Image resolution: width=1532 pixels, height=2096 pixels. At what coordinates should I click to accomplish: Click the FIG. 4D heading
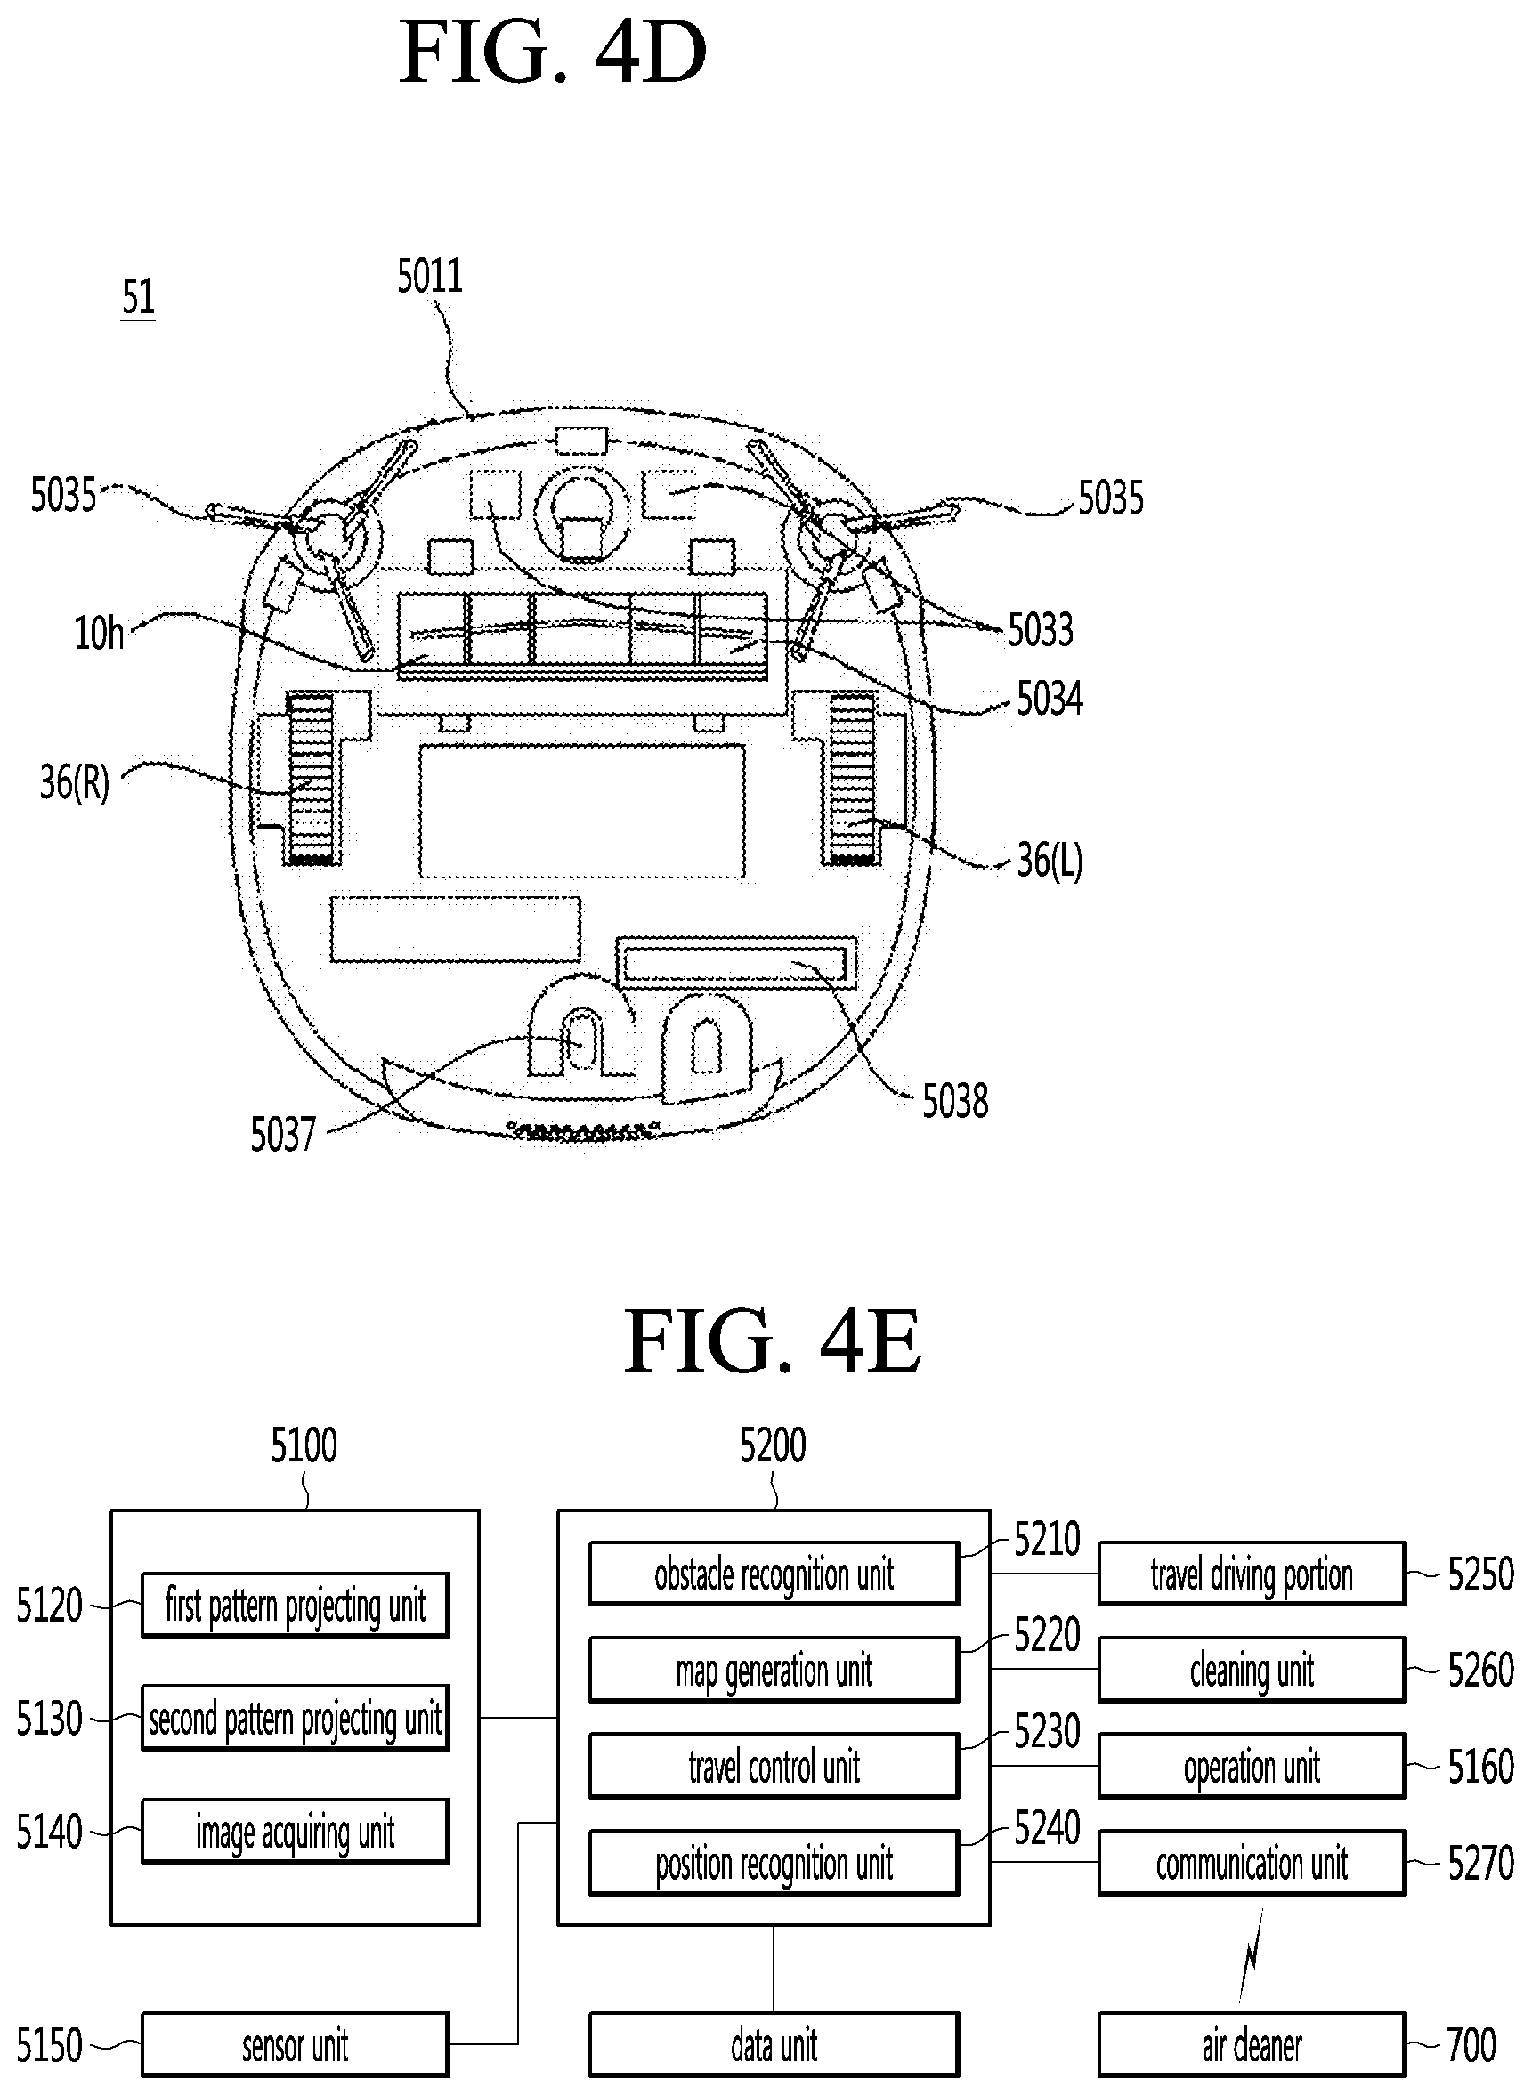coord(554,53)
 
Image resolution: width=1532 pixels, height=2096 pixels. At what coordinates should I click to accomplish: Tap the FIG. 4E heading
coord(773,1340)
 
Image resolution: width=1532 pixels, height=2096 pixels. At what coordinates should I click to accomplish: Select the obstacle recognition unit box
coord(774,1574)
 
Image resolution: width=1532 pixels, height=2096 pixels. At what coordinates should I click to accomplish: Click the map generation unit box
coord(774,1670)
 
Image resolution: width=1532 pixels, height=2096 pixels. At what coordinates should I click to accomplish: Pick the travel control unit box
coord(774,1766)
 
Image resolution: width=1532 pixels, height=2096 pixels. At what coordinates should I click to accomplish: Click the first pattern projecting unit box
coord(295,1605)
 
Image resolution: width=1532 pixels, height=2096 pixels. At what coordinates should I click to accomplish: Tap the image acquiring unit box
coord(295,1831)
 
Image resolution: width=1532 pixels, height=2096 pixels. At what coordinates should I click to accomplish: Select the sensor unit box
coord(295,2044)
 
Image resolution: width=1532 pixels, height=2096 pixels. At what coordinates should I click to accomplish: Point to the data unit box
coord(774,2044)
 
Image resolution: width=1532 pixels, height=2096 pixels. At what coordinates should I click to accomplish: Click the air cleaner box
coord(1252,2044)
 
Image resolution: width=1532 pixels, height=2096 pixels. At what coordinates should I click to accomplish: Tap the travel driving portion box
coord(1252,1574)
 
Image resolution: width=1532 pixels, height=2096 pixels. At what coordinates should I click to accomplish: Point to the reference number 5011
coord(429,276)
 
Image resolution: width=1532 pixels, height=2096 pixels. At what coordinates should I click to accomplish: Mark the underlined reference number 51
coord(138,297)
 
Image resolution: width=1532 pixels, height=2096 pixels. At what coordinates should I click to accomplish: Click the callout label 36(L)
coord(1050,861)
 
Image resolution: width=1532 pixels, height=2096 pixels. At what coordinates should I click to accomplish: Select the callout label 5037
coord(283,1135)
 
